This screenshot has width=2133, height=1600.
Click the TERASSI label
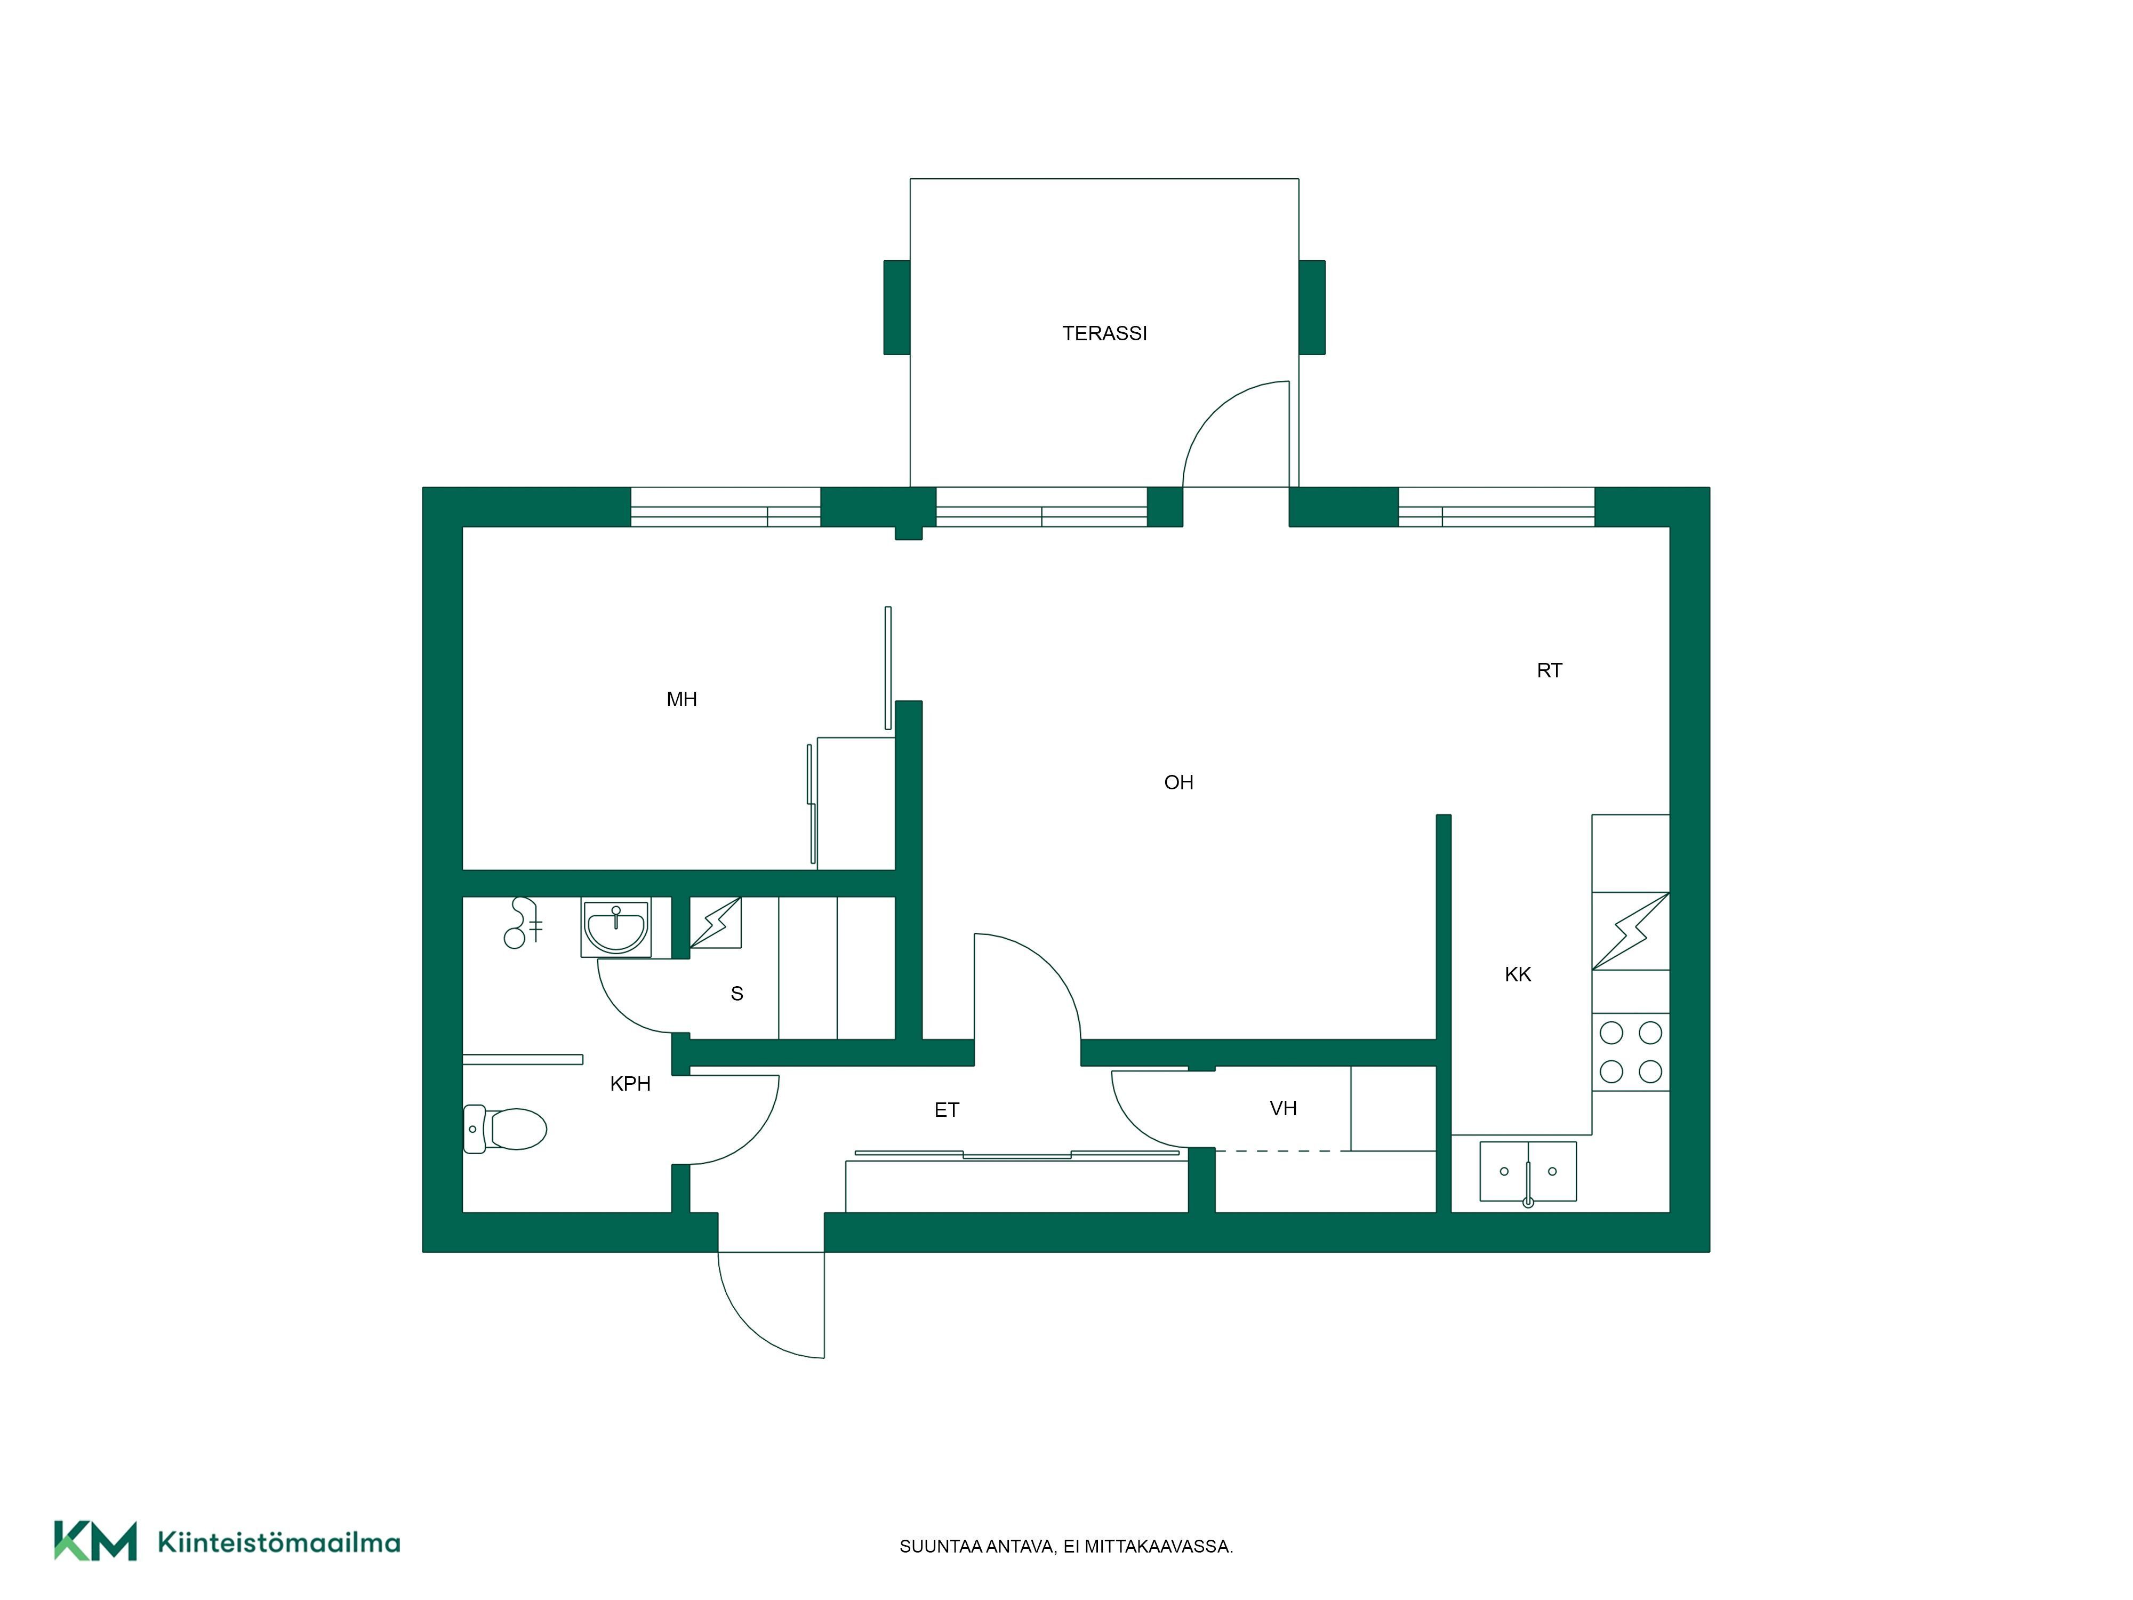tap(1104, 334)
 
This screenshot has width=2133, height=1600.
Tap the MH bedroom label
tap(681, 699)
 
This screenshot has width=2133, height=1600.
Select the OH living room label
tap(1178, 782)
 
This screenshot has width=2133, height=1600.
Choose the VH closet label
tap(1282, 1108)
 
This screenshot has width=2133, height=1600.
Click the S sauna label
tap(737, 994)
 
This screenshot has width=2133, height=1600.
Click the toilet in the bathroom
tap(504, 1129)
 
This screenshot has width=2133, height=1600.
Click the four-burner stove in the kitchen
tap(1631, 1052)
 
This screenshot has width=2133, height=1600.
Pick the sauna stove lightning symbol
tap(716, 923)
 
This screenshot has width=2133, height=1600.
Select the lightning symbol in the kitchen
tap(1631, 931)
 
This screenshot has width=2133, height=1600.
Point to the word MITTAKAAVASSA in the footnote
tap(1158, 1546)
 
